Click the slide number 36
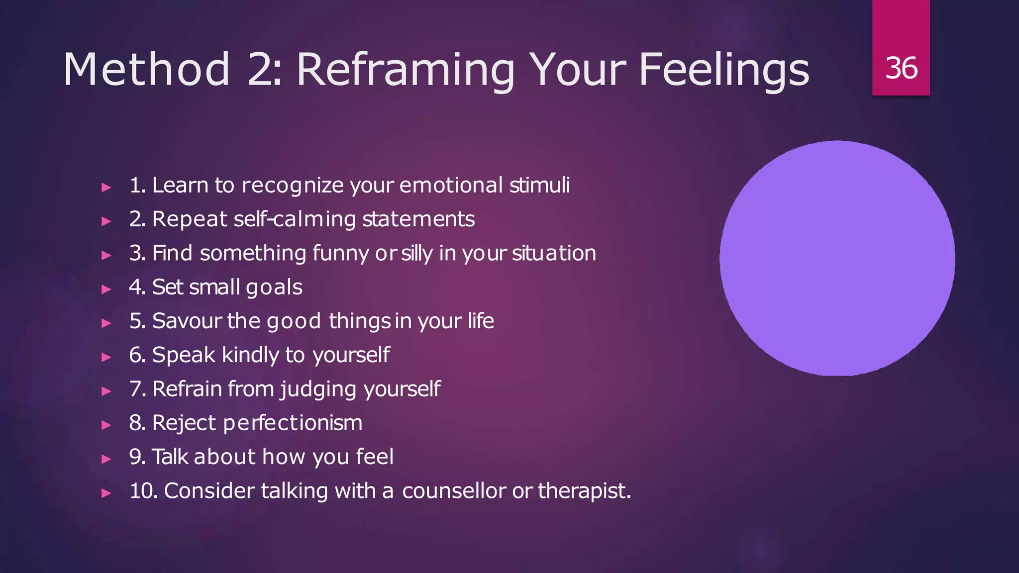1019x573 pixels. coord(901,68)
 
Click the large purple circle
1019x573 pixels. coord(837,258)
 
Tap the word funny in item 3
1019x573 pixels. coord(341,254)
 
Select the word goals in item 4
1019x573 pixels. coord(274,287)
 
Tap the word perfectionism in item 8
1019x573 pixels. coord(293,423)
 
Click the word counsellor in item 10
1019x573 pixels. coord(454,491)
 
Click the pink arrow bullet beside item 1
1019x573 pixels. coord(106,188)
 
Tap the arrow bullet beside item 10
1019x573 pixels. coord(106,493)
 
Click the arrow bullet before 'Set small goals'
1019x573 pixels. coord(106,289)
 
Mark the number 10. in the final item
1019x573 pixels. coord(143,491)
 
